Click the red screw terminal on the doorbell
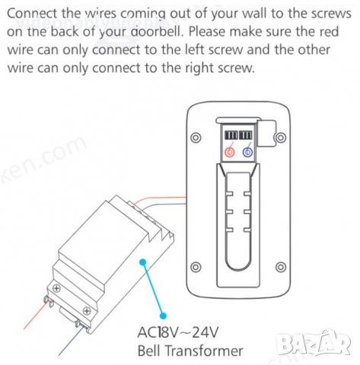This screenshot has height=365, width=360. pyautogui.click(x=230, y=152)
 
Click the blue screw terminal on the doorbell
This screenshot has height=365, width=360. pyautogui.click(x=247, y=152)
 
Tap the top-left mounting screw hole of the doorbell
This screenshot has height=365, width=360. pyautogui.click(x=196, y=138)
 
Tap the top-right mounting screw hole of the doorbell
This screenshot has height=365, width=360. pyautogui.click(x=281, y=138)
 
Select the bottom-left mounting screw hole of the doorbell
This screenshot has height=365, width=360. pyautogui.click(x=196, y=267)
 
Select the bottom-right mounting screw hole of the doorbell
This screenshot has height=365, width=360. pyautogui.click(x=281, y=267)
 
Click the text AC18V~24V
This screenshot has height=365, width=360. pyautogui.click(x=177, y=332)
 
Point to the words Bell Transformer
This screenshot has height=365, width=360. pyautogui.click(x=190, y=351)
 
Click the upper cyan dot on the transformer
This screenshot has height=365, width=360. pyautogui.click(x=143, y=262)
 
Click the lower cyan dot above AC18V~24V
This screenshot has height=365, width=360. pyautogui.click(x=164, y=316)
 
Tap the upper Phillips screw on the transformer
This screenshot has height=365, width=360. pyautogui.click(x=56, y=288)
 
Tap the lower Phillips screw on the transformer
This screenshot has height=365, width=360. pyautogui.click(x=87, y=310)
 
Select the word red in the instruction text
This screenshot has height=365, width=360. pyautogui.click(x=329, y=32)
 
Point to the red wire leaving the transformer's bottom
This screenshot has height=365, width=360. pyautogui.click(x=36, y=316)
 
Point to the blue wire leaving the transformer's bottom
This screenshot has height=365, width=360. pyautogui.click(x=70, y=341)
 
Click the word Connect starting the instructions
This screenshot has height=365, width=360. pyautogui.click(x=32, y=14)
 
